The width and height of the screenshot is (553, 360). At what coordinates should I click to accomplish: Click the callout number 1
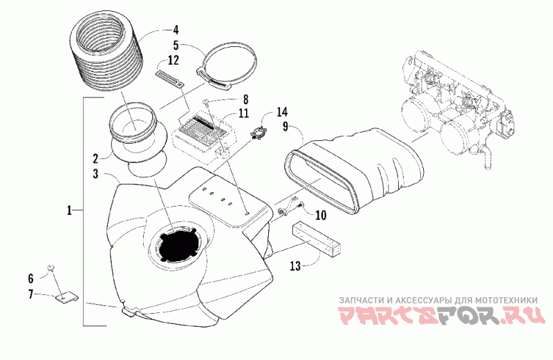point(70,210)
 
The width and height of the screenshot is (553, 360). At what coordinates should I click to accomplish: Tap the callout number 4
point(176,30)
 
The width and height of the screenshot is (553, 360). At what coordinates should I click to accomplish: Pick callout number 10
point(320,215)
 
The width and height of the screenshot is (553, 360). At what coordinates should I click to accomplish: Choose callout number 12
point(173,60)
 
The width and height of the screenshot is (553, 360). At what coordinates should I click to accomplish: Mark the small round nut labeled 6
point(50,267)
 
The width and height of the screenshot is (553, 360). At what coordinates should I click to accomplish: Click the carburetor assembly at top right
point(456,111)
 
